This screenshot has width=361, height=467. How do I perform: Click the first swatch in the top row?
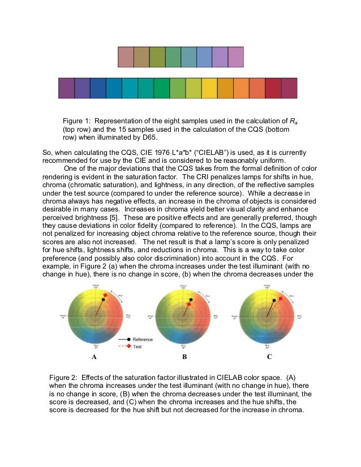[126, 57]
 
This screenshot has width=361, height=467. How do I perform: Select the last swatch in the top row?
[236, 57]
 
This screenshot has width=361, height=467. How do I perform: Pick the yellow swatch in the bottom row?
[209, 89]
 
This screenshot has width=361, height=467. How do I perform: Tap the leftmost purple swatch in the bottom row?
[66, 89]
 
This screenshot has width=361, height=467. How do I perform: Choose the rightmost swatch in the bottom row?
[289, 89]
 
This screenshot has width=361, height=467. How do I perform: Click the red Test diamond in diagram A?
[105, 296]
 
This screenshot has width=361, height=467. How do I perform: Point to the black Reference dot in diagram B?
[191, 299]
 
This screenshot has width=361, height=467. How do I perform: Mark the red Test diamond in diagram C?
[281, 298]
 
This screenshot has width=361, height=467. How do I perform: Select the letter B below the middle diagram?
[184, 357]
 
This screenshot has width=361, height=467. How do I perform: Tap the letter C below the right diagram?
[269, 357]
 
